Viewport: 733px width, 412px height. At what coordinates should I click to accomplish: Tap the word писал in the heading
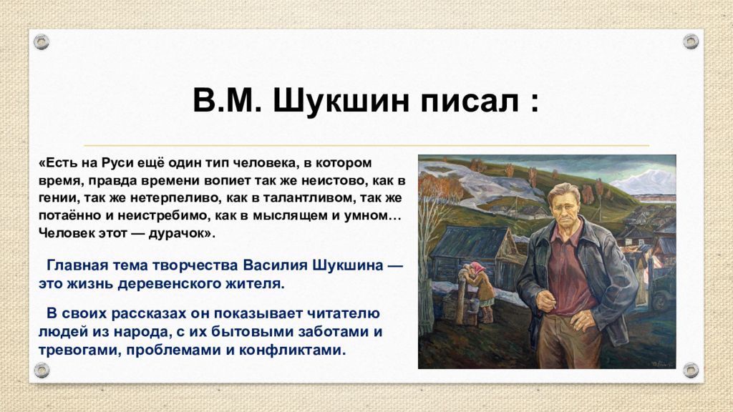pyautogui.click(x=469, y=101)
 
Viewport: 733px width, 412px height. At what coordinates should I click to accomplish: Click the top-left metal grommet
pyautogui.click(x=42, y=42)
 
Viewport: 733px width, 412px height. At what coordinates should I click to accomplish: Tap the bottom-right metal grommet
pyautogui.click(x=691, y=371)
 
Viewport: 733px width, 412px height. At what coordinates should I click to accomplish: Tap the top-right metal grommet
pyautogui.click(x=691, y=41)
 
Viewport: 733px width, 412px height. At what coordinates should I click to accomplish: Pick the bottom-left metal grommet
pyautogui.click(x=42, y=371)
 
